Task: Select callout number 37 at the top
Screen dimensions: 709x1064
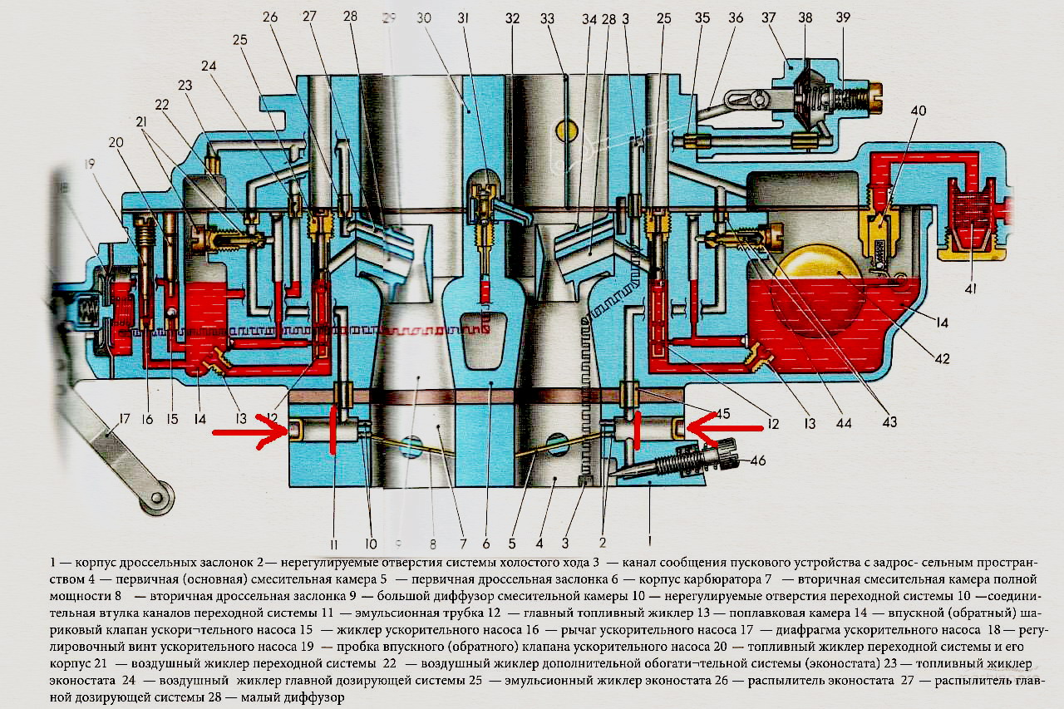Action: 768,17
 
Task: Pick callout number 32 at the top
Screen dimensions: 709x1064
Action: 513,17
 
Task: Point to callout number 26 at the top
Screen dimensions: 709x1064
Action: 272,17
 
